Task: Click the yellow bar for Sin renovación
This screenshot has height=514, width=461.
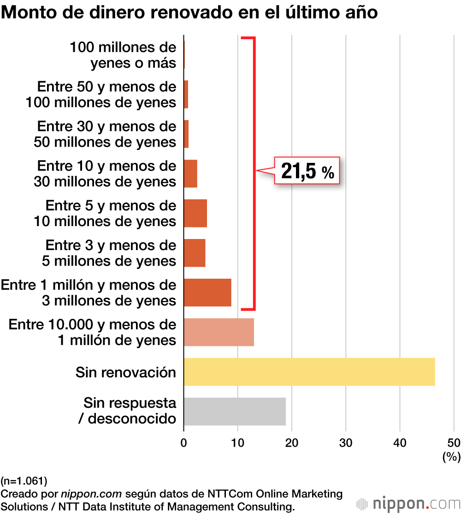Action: coord(309,371)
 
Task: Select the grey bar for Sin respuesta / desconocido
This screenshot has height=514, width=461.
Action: coord(235,411)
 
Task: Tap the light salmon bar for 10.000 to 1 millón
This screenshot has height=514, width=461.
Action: coord(219,332)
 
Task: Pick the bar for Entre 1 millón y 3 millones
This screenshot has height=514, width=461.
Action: coord(207,293)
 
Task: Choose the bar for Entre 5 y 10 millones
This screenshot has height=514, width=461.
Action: coord(195,213)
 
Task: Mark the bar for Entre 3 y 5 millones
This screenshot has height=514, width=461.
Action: coord(195,253)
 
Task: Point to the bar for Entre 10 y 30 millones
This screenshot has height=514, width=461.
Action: coord(190,173)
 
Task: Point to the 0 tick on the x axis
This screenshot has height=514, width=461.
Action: coord(184,442)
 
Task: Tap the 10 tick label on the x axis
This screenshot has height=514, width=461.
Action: coord(237,442)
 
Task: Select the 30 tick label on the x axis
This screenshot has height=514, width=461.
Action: coord(346,442)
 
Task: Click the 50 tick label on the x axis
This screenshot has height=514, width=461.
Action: coord(454,442)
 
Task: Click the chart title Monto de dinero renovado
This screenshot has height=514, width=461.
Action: coord(189,12)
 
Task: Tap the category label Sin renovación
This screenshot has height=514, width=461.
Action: coord(126,372)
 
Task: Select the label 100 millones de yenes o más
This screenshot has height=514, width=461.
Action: coord(123,55)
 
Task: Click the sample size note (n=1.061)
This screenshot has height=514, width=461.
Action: coord(24,482)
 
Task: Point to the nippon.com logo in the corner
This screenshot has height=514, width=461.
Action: coord(408,502)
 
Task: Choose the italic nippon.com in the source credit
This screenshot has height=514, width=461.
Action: coord(91,494)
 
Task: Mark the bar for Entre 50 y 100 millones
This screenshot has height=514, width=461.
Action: coord(186,95)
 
